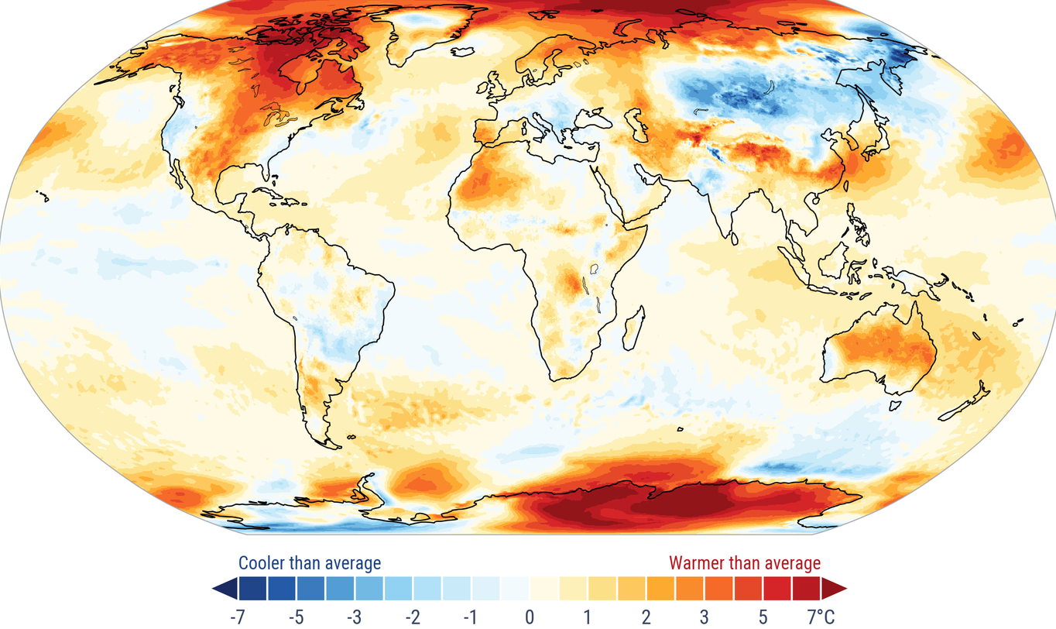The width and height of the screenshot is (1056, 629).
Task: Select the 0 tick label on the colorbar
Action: click(530, 617)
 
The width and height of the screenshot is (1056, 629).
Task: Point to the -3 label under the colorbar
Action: click(354, 617)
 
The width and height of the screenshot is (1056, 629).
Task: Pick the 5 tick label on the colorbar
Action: click(763, 617)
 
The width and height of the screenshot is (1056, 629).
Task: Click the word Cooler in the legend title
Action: click(262, 562)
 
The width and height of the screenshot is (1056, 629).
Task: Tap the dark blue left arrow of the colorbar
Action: click(224, 589)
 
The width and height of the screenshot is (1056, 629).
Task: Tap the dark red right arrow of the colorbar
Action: click(835, 589)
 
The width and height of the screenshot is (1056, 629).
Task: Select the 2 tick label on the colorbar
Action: click(646, 617)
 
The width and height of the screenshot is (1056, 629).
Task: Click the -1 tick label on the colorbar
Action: click(471, 617)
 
